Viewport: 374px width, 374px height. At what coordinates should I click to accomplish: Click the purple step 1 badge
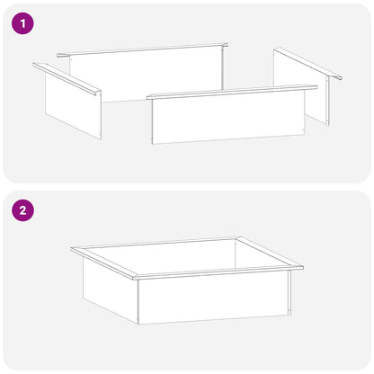(x=22, y=22)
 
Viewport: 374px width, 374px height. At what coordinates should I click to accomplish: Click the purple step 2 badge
(x=22, y=210)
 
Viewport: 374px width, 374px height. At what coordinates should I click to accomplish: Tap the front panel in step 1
(x=228, y=118)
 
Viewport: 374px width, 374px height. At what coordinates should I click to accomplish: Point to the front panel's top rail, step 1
(x=232, y=92)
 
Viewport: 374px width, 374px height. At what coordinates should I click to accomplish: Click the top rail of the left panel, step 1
(x=67, y=79)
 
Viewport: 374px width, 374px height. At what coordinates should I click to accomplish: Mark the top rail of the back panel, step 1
(x=143, y=50)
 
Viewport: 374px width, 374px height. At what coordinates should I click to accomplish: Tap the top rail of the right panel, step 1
(x=308, y=63)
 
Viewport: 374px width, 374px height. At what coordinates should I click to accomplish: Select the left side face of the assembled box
(x=111, y=290)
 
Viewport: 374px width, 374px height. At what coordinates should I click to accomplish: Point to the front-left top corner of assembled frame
(x=134, y=278)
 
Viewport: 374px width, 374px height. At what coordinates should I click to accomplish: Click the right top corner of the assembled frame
(x=303, y=266)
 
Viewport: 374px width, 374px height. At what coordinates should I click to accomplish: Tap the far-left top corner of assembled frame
(x=71, y=248)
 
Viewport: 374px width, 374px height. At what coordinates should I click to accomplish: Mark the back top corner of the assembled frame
(x=239, y=237)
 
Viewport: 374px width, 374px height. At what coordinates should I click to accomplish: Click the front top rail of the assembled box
(x=218, y=272)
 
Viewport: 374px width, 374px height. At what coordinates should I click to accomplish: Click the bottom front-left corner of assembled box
(x=138, y=325)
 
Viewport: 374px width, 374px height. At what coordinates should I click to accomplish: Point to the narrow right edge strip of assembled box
(x=289, y=292)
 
